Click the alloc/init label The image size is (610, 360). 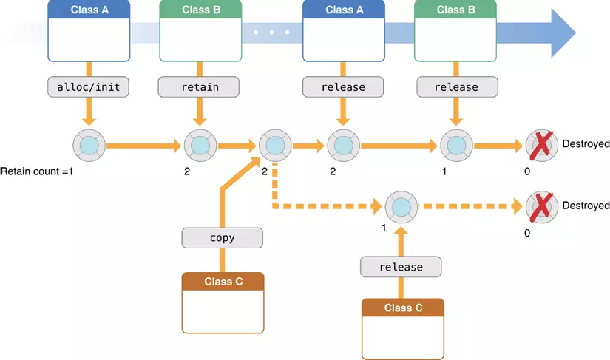coord(89,86)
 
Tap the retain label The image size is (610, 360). coord(200,86)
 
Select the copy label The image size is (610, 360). coord(222,237)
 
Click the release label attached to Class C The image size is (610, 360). coord(401,266)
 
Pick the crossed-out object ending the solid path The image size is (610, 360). coord(542,144)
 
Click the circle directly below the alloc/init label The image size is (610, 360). coord(89,144)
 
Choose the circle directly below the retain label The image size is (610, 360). coord(200,144)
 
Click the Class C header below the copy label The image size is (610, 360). coord(223,281)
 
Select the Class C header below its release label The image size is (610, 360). coord(402,308)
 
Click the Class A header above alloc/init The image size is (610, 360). coord(89,10)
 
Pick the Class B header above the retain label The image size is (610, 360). coord(200,10)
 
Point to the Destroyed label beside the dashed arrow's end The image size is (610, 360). coord(586,206)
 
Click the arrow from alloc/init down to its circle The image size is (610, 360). coord(89,112)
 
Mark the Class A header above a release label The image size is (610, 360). coord(344,10)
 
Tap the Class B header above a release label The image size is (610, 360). coord(455,10)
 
